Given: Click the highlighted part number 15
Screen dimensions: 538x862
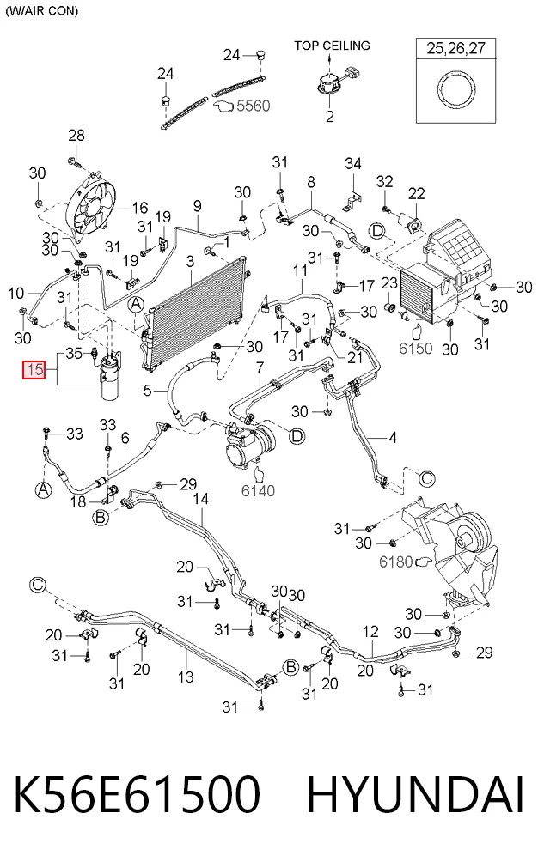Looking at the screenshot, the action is [34, 369].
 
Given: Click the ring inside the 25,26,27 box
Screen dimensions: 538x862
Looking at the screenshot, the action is [456, 88].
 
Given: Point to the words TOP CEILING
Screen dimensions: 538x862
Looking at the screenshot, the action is [332, 46].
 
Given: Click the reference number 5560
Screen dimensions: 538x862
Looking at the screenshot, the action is [254, 105].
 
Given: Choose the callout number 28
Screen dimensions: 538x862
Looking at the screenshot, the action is [76, 136].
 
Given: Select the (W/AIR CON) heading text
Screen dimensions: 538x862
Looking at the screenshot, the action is [42, 11].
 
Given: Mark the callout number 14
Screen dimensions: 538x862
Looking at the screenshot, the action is [201, 499].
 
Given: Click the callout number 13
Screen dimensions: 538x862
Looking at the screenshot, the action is [186, 677].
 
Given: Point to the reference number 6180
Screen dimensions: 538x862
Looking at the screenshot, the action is [395, 562].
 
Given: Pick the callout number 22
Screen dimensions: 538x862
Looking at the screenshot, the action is [417, 193].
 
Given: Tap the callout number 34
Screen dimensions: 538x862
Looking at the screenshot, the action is [353, 163].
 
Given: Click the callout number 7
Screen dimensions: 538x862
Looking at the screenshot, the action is [260, 367].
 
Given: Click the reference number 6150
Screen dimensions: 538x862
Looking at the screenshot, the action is [416, 348].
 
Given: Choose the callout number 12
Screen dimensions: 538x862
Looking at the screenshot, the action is [370, 632].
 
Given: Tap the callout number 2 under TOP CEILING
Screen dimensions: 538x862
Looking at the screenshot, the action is [329, 117].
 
